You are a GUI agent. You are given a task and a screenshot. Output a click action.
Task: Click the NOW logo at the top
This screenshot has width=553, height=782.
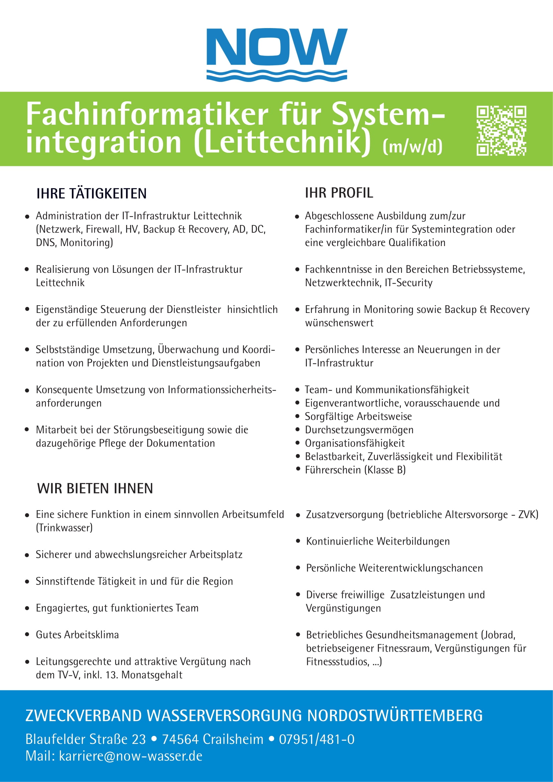[276, 54]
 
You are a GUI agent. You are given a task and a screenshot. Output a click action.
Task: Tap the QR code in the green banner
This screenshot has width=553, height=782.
[501, 130]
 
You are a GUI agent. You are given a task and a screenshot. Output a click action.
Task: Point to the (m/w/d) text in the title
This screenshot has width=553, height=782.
[412, 146]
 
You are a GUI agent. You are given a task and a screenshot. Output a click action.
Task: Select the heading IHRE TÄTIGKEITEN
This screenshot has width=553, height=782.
[91, 194]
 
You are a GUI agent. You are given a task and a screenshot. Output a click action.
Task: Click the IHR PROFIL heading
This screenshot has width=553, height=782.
[339, 193]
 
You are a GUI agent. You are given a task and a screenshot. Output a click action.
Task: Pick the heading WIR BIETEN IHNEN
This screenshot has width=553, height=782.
[95, 488]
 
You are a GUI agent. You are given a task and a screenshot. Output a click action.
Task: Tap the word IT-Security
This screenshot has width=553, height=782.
[409, 283]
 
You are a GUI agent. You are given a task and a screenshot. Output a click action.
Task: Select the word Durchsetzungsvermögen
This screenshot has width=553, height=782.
[359, 430]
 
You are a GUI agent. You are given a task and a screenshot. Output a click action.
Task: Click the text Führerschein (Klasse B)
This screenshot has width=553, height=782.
[355, 470]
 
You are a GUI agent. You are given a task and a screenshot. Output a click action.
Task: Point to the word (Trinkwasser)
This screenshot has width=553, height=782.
[64, 528]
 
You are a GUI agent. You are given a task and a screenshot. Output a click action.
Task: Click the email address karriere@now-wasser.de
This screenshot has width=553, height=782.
[131, 756]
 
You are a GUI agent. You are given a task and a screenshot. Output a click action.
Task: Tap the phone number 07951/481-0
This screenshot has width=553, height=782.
[317, 740]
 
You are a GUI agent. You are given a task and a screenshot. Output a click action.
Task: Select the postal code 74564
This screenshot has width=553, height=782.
[180, 740]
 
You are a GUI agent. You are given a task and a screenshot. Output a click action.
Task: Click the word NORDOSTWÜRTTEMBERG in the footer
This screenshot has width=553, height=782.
[395, 715]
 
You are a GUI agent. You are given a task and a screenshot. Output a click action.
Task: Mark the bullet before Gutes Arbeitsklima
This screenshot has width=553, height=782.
[27, 635]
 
